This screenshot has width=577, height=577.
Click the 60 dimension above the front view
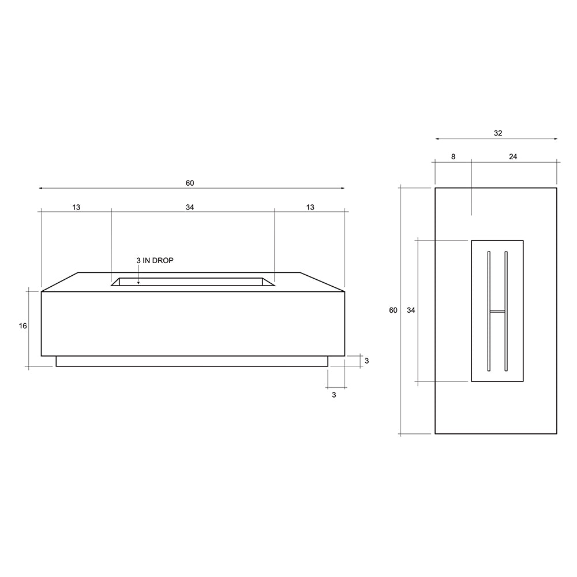(190, 183)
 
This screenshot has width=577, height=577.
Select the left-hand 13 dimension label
(77, 207)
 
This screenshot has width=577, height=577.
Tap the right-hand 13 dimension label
(310, 207)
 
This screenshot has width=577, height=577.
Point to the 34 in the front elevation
(190, 207)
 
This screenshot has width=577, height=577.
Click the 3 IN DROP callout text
(155, 261)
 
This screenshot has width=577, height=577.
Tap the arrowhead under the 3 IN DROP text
(138, 282)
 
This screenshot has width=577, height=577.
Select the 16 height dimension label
(23, 326)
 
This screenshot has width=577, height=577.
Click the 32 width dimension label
(498, 133)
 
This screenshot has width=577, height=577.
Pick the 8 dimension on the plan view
(453, 157)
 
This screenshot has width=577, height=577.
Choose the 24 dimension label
(513, 157)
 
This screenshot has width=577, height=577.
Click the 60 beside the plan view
(393, 310)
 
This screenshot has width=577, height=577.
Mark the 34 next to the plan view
(411, 310)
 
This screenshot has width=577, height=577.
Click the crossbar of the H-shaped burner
(497, 311)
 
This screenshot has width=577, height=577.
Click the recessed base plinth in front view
(192, 361)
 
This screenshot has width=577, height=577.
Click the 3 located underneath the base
(334, 395)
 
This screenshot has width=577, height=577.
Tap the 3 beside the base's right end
(366, 361)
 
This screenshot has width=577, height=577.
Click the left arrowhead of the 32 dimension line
(437, 139)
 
